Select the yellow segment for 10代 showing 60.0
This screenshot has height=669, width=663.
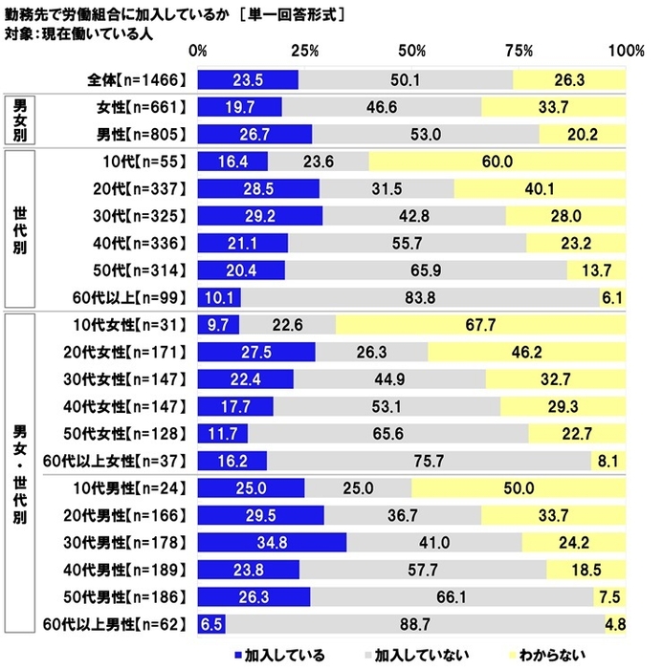coord(497,162)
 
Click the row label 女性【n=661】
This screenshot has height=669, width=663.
coord(140,107)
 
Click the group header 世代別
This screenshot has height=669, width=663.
coord(20,229)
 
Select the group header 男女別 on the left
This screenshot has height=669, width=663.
coord(20,120)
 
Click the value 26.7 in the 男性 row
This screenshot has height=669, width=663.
coord(254,134)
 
